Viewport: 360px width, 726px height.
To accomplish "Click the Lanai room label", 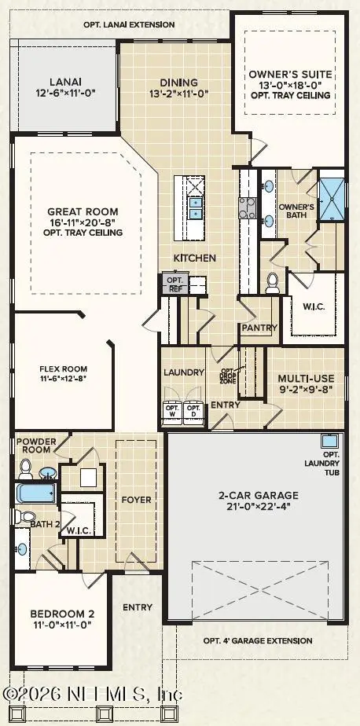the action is tap(65, 82).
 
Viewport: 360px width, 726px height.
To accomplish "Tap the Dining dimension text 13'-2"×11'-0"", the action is tap(179, 93).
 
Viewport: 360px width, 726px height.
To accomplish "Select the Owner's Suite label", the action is tap(291, 74).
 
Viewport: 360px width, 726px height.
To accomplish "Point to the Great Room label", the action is tap(83, 211).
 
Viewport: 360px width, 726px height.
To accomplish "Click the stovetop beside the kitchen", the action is tap(248, 207).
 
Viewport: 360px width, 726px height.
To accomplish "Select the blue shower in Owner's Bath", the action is tap(332, 199).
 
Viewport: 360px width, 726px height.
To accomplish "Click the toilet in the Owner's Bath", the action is tap(273, 283).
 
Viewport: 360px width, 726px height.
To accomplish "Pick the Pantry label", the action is tap(259, 328).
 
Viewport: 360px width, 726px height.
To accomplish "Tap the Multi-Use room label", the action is tap(305, 378).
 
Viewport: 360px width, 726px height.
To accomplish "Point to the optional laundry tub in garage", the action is tap(330, 441).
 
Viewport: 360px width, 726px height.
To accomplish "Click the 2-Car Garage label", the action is tap(259, 495).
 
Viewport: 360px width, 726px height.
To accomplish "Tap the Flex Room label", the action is tap(63, 369).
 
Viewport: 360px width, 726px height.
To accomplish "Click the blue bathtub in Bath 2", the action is tap(35, 493).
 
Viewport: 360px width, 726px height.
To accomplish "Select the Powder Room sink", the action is tap(47, 473).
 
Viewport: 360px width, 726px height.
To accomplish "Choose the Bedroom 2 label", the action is tap(63, 614).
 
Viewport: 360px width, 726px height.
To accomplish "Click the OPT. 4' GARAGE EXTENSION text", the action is tap(258, 641).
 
